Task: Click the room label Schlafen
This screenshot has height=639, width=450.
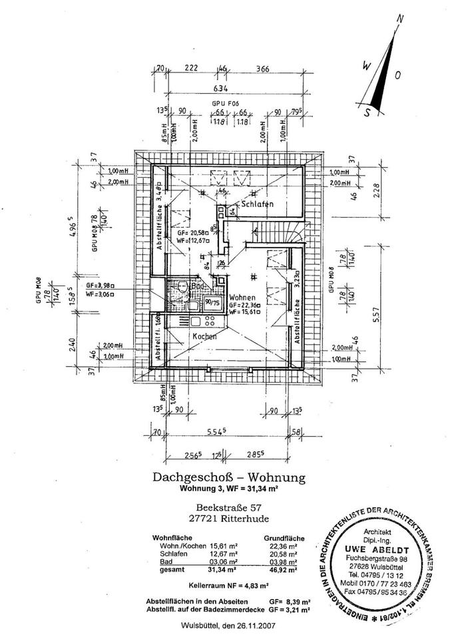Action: (x=255, y=204)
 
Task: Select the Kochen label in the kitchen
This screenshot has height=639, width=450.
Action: (x=205, y=337)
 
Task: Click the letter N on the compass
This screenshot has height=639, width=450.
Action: (x=401, y=19)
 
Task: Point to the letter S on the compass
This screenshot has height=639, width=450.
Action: (x=365, y=112)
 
